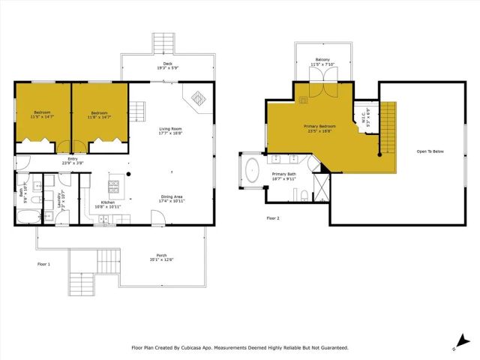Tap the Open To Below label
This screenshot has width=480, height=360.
coord(430,151)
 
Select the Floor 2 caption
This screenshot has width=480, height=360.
coord(273,219)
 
